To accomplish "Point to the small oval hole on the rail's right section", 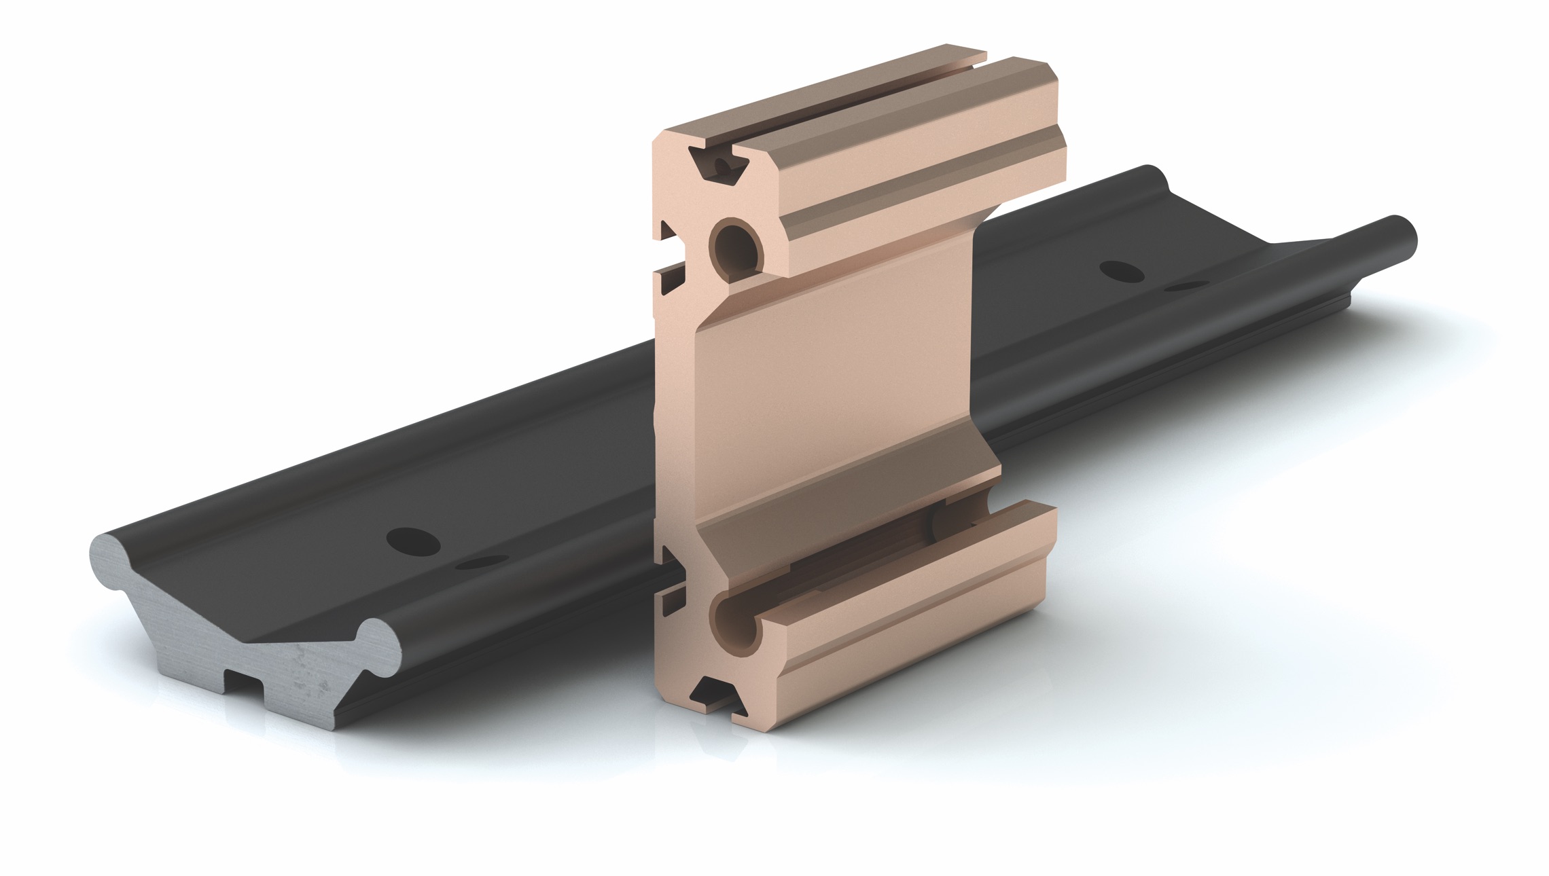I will (x=1185, y=287).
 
